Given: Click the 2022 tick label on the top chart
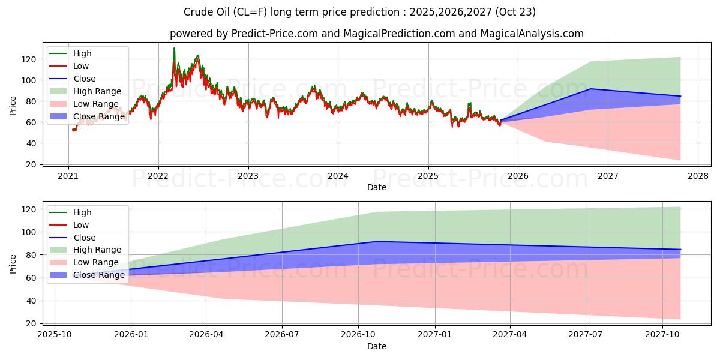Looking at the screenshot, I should click(x=158, y=176).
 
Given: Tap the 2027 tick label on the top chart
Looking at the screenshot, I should click(x=608, y=176).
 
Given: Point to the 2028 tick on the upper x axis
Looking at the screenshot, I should click(x=698, y=176).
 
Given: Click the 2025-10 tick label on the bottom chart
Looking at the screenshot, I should click(x=55, y=335).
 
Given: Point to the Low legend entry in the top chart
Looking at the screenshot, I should click(x=81, y=66).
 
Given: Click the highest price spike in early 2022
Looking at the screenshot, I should click(x=174, y=48).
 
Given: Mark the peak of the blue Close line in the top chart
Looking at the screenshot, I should click(x=591, y=89).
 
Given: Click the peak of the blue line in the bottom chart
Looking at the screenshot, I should click(x=376, y=241).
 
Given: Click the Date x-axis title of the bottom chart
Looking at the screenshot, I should click(x=376, y=346).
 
